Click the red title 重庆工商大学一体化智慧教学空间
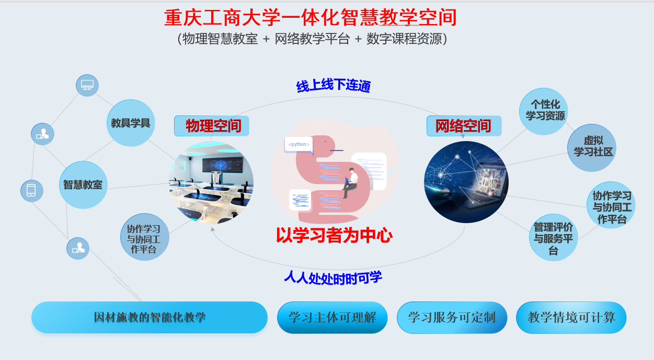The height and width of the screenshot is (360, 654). (x=311, y=18)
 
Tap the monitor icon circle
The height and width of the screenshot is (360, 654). (x=87, y=85)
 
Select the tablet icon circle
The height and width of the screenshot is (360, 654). (x=31, y=191)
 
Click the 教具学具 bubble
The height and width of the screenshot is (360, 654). (x=131, y=123)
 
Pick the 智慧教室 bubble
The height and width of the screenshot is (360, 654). (x=83, y=185)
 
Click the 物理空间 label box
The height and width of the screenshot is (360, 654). (x=212, y=126)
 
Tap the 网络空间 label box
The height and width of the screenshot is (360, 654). (x=464, y=126)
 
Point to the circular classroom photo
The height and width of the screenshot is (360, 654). (x=211, y=182)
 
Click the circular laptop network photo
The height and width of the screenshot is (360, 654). (x=466, y=182)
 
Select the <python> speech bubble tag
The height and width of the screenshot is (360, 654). (x=299, y=144)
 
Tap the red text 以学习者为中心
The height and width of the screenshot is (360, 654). (x=334, y=236)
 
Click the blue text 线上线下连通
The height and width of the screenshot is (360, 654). (x=334, y=86)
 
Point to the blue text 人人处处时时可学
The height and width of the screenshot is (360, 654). (x=333, y=277)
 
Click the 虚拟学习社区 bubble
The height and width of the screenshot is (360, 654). (x=592, y=147)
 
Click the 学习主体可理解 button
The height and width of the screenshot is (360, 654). (x=332, y=317)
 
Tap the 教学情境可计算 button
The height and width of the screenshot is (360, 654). (x=571, y=317)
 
